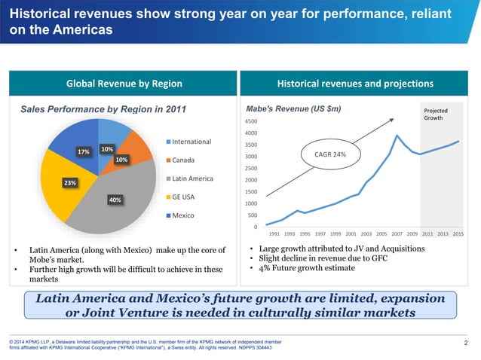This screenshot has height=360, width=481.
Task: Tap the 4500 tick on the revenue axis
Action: (x=249, y=121)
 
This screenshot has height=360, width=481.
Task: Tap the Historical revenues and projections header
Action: (x=355, y=83)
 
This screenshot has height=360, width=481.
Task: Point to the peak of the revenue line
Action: (x=397, y=136)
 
